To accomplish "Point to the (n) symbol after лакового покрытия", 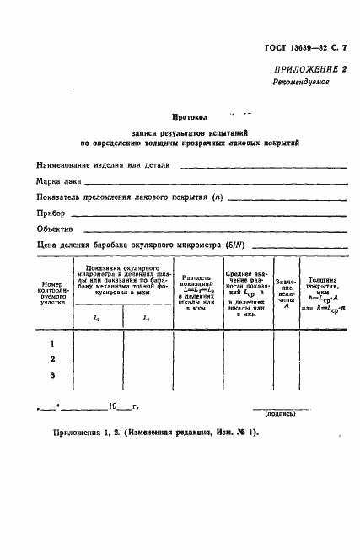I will [x=218, y=197].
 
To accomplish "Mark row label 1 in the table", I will [x=52, y=343].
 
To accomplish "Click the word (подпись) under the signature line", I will [x=279, y=414].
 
